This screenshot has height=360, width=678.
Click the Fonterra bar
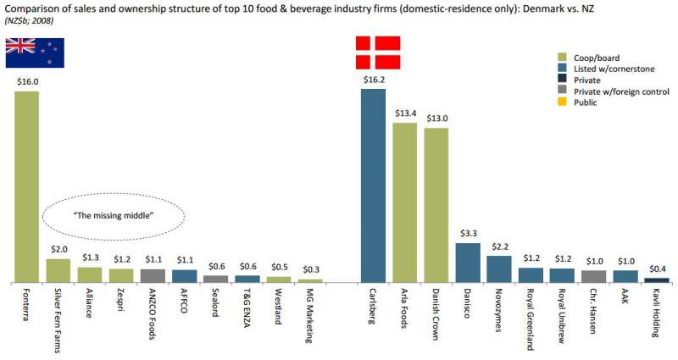(x=27, y=186)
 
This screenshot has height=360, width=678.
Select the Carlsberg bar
(x=373, y=185)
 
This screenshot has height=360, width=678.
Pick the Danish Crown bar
(x=436, y=204)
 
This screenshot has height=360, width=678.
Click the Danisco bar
(x=467, y=262)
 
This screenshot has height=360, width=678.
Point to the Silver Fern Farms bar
(x=58, y=270)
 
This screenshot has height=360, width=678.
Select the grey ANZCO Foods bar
(x=152, y=275)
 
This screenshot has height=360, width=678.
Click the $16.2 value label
(x=374, y=80)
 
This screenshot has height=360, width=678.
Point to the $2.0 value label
(x=58, y=250)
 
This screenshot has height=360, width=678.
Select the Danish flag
(x=376, y=53)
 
